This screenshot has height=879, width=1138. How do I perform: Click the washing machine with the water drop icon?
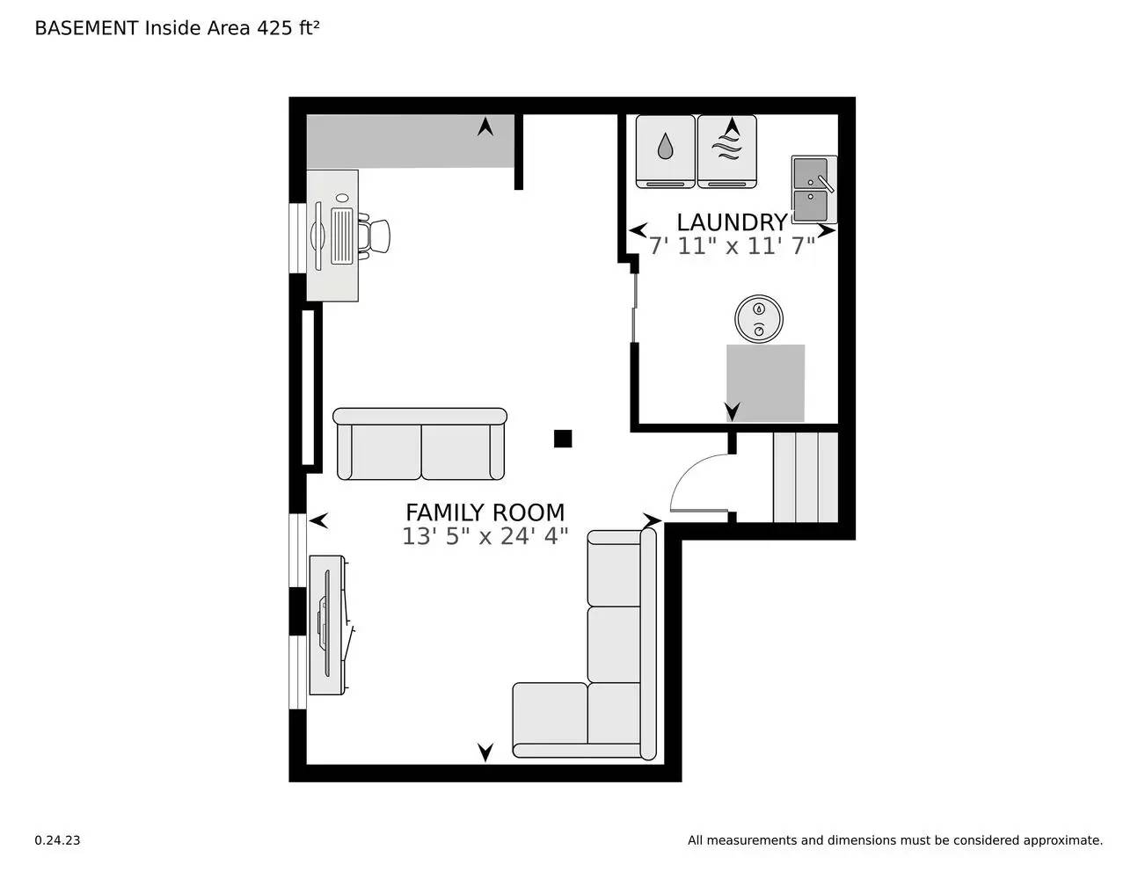pyautogui.click(x=665, y=150)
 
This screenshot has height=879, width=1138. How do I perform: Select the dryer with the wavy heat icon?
pyautogui.click(x=726, y=150)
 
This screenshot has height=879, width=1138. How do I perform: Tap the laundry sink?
pyautogui.click(x=813, y=190)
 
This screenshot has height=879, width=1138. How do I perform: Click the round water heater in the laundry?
pyautogui.click(x=758, y=318)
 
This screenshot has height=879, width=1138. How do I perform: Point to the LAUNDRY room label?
pyautogui.click(x=731, y=222)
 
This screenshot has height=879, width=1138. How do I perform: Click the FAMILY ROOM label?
pyautogui.click(x=485, y=512)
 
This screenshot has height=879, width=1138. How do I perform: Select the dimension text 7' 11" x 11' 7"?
pyautogui.click(x=731, y=246)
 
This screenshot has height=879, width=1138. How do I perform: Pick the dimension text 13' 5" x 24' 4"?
pyautogui.click(x=485, y=536)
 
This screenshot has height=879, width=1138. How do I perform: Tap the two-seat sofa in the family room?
pyautogui.click(x=420, y=445)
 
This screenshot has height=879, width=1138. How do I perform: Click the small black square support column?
pyautogui.click(x=563, y=438)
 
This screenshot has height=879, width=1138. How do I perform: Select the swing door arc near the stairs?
pyautogui.click(x=695, y=481)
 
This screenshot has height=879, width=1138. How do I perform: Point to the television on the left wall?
pyautogui.click(x=326, y=624)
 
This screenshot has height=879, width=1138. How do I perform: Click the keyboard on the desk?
pyautogui.click(x=341, y=236)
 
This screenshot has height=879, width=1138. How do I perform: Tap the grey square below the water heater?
pyautogui.click(x=765, y=382)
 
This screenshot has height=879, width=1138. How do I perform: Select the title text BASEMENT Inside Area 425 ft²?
pyautogui.click(x=177, y=28)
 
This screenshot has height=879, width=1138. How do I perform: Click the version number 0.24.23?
pyautogui.click(x=57, y=840)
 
